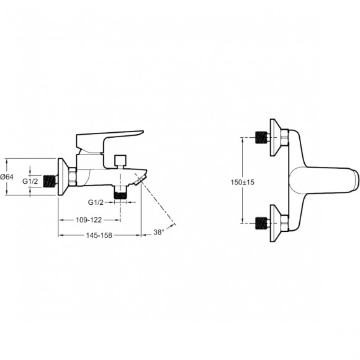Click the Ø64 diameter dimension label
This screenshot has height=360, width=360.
pyautogui.click(x=7, y=177)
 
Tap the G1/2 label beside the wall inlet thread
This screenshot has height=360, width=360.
pyautogui.click(x=30, y=181)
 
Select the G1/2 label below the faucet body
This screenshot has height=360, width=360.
pyautogui.click(x=96, y=202)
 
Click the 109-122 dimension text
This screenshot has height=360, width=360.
pyautogui.click(x=89, y=220)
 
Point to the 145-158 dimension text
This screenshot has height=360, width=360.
pyautogui.click(x=99, y=235)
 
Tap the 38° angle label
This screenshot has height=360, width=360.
pyautogui.click(x=159, y=232)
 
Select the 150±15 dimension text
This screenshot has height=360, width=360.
pyautogui.click(x=243, y=182)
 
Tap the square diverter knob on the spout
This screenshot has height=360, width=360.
pyautogui.click(x=120, y=160)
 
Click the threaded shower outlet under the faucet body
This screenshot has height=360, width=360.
pyautogui.click(x=120, y=193)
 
